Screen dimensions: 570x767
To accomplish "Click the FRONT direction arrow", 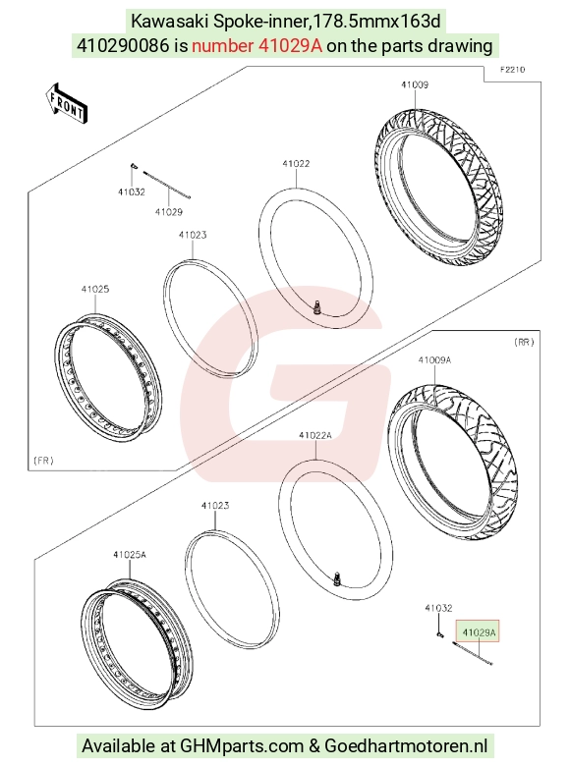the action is [x=68, y=103].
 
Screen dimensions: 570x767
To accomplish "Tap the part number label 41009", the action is [x=415, y=84].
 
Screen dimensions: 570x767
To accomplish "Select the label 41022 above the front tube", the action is [x=296, y=164].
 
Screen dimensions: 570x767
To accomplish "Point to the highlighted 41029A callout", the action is [x=479, y=632].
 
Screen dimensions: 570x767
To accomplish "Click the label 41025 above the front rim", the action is [x=95, y=289].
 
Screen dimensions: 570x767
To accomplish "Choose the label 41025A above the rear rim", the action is [x=130, y=555].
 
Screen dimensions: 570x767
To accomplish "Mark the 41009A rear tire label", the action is [x=434, y=360].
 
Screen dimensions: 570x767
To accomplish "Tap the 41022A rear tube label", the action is [x=315, y=435].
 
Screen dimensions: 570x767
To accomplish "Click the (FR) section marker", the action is [x=43, y=461].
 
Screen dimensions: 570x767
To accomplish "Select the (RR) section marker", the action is [x=524, y=342].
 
